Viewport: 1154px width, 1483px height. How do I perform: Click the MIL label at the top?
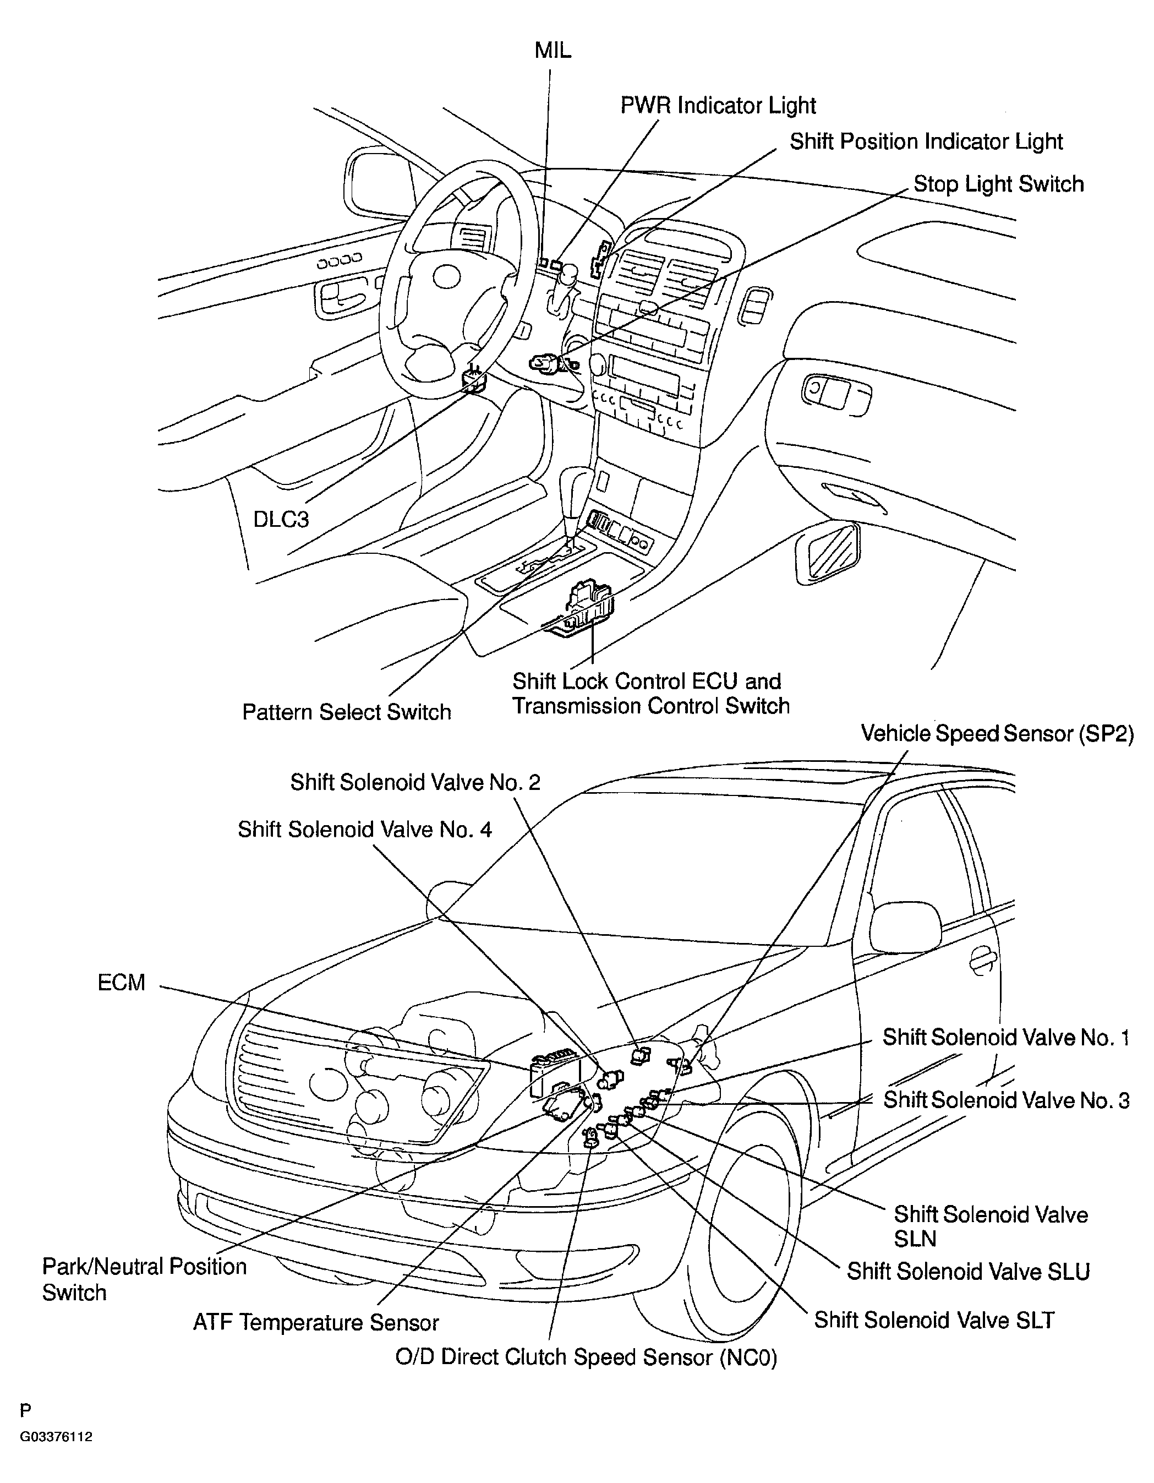tap(553, 50)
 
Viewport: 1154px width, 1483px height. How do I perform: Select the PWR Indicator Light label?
tap(718, 105)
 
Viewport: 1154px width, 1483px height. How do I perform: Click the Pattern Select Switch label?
tap(346, 712)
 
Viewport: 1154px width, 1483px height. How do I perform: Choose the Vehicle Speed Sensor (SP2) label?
tap(997, 734)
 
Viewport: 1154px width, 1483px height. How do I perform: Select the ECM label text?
tap(122, 983)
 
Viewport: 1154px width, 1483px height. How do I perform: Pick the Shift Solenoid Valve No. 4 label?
tap(364, 830)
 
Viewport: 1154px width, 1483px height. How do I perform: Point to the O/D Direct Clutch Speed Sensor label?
tap(586, 1357)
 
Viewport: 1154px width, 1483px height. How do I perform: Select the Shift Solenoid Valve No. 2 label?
tap(415, 783)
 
